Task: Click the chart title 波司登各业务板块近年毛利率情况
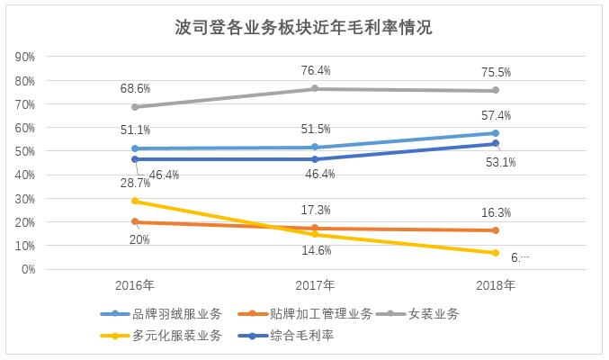pyautogui.click(x=304, y=27)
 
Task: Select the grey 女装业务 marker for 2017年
pyautogui.click(x=314, y=88)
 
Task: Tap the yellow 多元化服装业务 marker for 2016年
pyautogui.click(x=134, y=201)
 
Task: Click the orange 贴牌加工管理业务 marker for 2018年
pyautogui.click(x=495, y=230)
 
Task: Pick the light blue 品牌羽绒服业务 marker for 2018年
pyautogui.click(x=495, y=133)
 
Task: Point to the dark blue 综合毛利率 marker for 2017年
pyautogui.click(x=314, y=159)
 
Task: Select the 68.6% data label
pyautogui.click(x=134, y=88)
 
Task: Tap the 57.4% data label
pyautogui.click(x=495, y=115)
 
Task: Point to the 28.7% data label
pyautogui.click(x=134, y=184)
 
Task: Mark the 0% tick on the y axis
pyautogui.click(x=27, y=269)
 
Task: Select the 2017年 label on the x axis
pyautogui.click(x=314, y=285)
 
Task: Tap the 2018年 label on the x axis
pyautogui.click(x=495, y=285)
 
